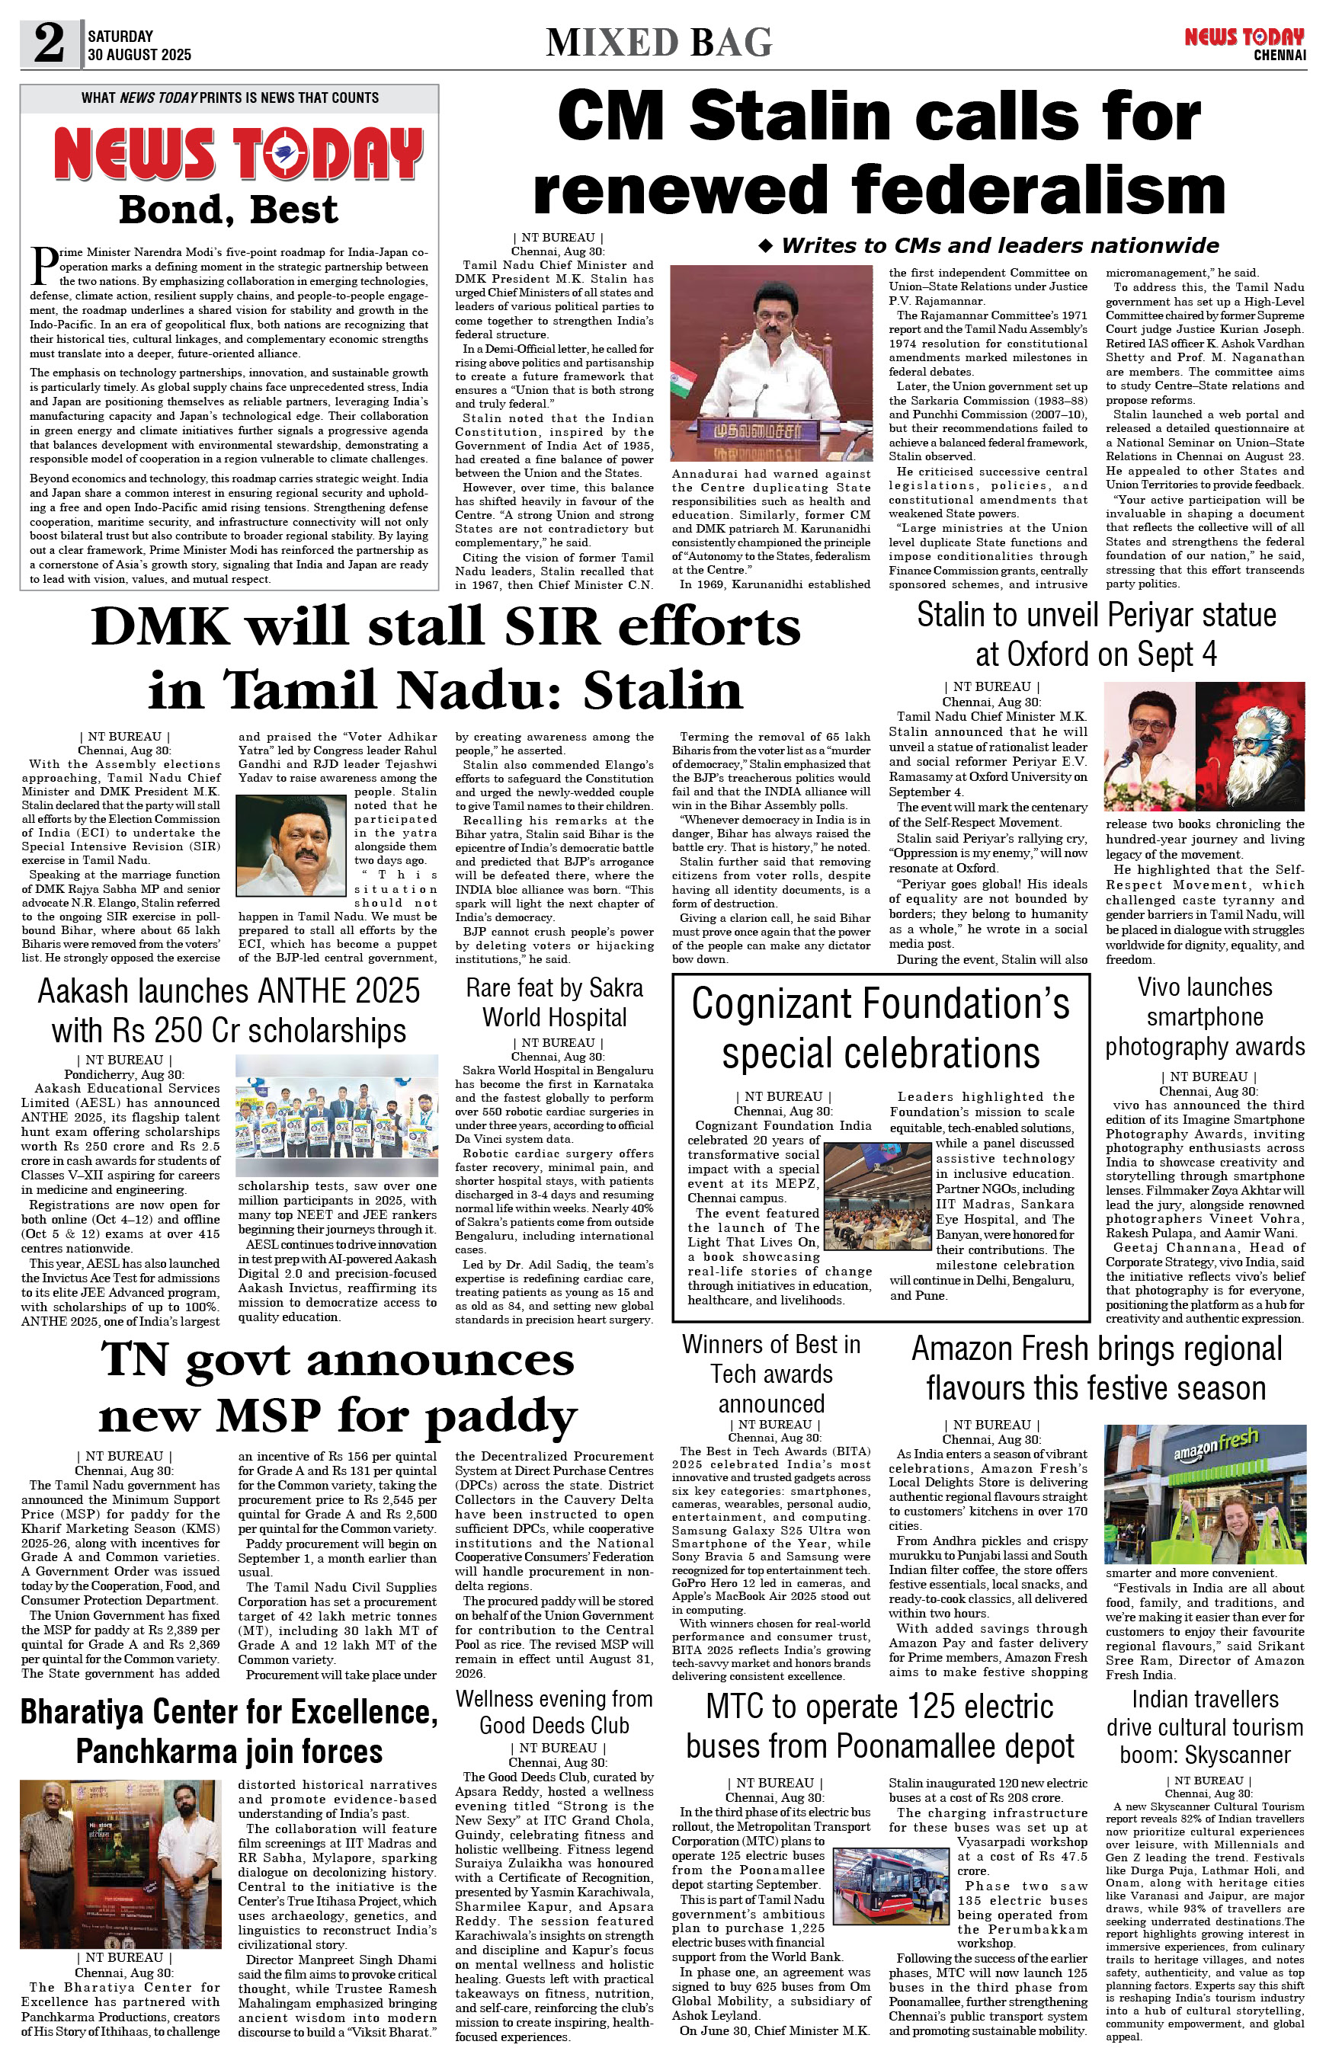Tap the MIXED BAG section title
coord(658,42)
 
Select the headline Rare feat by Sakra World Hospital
coord(555,1001)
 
